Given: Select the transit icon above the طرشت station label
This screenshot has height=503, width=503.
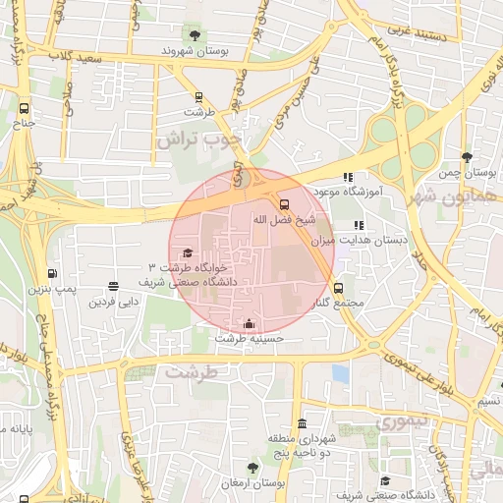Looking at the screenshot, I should coord(199,97).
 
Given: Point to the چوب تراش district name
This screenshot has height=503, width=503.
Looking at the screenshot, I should coord(197,140).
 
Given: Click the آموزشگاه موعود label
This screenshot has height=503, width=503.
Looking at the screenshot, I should coord(346,191).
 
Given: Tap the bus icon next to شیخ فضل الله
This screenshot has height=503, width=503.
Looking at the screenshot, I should coord(284,205).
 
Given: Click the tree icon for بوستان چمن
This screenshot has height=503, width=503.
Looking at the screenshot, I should coord(467,158).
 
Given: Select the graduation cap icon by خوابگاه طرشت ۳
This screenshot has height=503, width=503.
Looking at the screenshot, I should coord(187,253).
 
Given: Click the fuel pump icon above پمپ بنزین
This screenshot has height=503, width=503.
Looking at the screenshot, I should coord(51,274).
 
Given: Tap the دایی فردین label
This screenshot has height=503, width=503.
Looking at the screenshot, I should coord(110,301).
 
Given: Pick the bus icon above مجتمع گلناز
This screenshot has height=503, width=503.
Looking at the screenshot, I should coord(339,289).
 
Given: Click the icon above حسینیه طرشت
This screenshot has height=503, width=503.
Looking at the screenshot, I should coord(250,323).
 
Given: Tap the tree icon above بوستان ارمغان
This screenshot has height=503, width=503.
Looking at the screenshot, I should coord(252,469).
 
